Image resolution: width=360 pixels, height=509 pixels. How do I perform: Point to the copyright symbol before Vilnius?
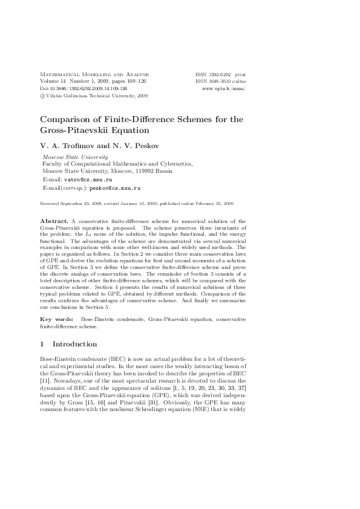[42, 95]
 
